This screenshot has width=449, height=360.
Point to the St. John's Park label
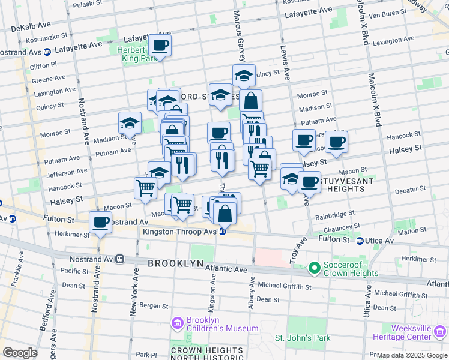click(x=303, y=338)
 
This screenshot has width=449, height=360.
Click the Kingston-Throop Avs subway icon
click(x=222, y=232)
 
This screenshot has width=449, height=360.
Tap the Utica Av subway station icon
click(x=359, y=241)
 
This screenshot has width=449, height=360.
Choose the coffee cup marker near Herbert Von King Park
click(x=160, y=46)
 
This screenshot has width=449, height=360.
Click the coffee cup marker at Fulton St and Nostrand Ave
click(x=100, y=223)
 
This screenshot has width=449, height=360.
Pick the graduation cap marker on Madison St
click(x=130, y=124)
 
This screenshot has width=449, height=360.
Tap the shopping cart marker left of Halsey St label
click(x=145, y=188)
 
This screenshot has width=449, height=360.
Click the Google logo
click(x=19, y=352)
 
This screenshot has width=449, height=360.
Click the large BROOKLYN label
click(x=175, y=263)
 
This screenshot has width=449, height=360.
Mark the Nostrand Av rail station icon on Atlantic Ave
click(x=119, y=259)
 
